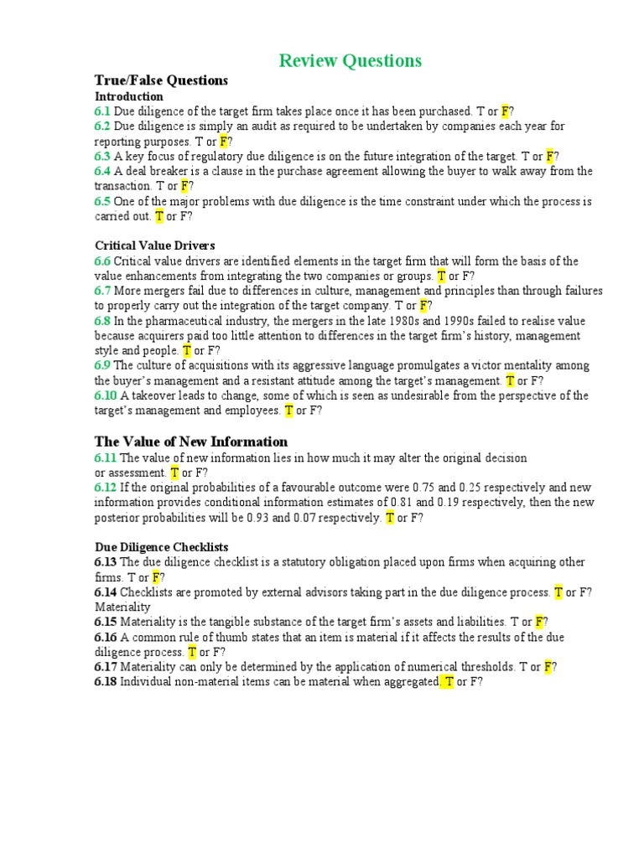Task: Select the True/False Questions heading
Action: [x=161, y=80]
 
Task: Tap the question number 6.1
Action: [x=102, y=111]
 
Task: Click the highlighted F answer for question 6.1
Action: [x=505, y=111]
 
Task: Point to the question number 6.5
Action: [x=102, y=201]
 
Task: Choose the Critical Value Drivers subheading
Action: [x=154, y=246]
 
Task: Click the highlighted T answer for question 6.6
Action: [x=441, y=276]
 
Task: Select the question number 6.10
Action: [x=106, y=395]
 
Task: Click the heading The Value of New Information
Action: [x=191, y=442]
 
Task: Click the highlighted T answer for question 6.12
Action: [x=389, y=518]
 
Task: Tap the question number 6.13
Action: [x=106, y=562]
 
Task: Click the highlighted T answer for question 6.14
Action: [x=558, y=592]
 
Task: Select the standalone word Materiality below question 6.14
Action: [x=122, y=607]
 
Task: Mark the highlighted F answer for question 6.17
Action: [x=548, y=667]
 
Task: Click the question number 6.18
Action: [x=106, y=682]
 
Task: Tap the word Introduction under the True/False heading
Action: [x=128, y=96]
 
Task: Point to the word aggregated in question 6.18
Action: [x=408, y=682]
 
